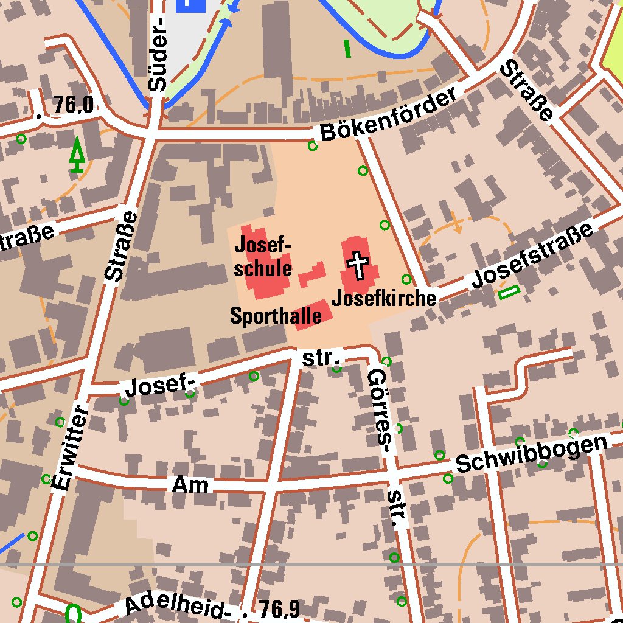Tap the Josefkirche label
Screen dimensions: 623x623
(384, 298)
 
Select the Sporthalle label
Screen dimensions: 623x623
(276, 315)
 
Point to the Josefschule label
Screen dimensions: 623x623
(263, 257)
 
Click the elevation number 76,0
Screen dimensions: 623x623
(73, 105)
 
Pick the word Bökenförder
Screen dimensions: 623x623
(389, 115)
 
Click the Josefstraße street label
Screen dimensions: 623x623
(532, 256)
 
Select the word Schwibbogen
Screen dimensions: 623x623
(532, 454)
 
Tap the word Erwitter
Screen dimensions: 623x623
(71, 447)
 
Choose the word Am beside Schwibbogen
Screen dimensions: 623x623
(190, 485)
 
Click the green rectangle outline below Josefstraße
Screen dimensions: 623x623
(509, 293)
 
